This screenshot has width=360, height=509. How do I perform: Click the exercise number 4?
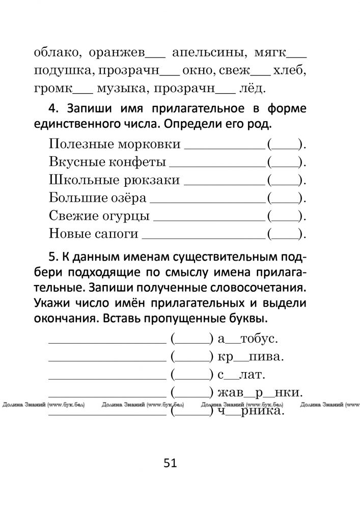(x=56, y=109)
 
